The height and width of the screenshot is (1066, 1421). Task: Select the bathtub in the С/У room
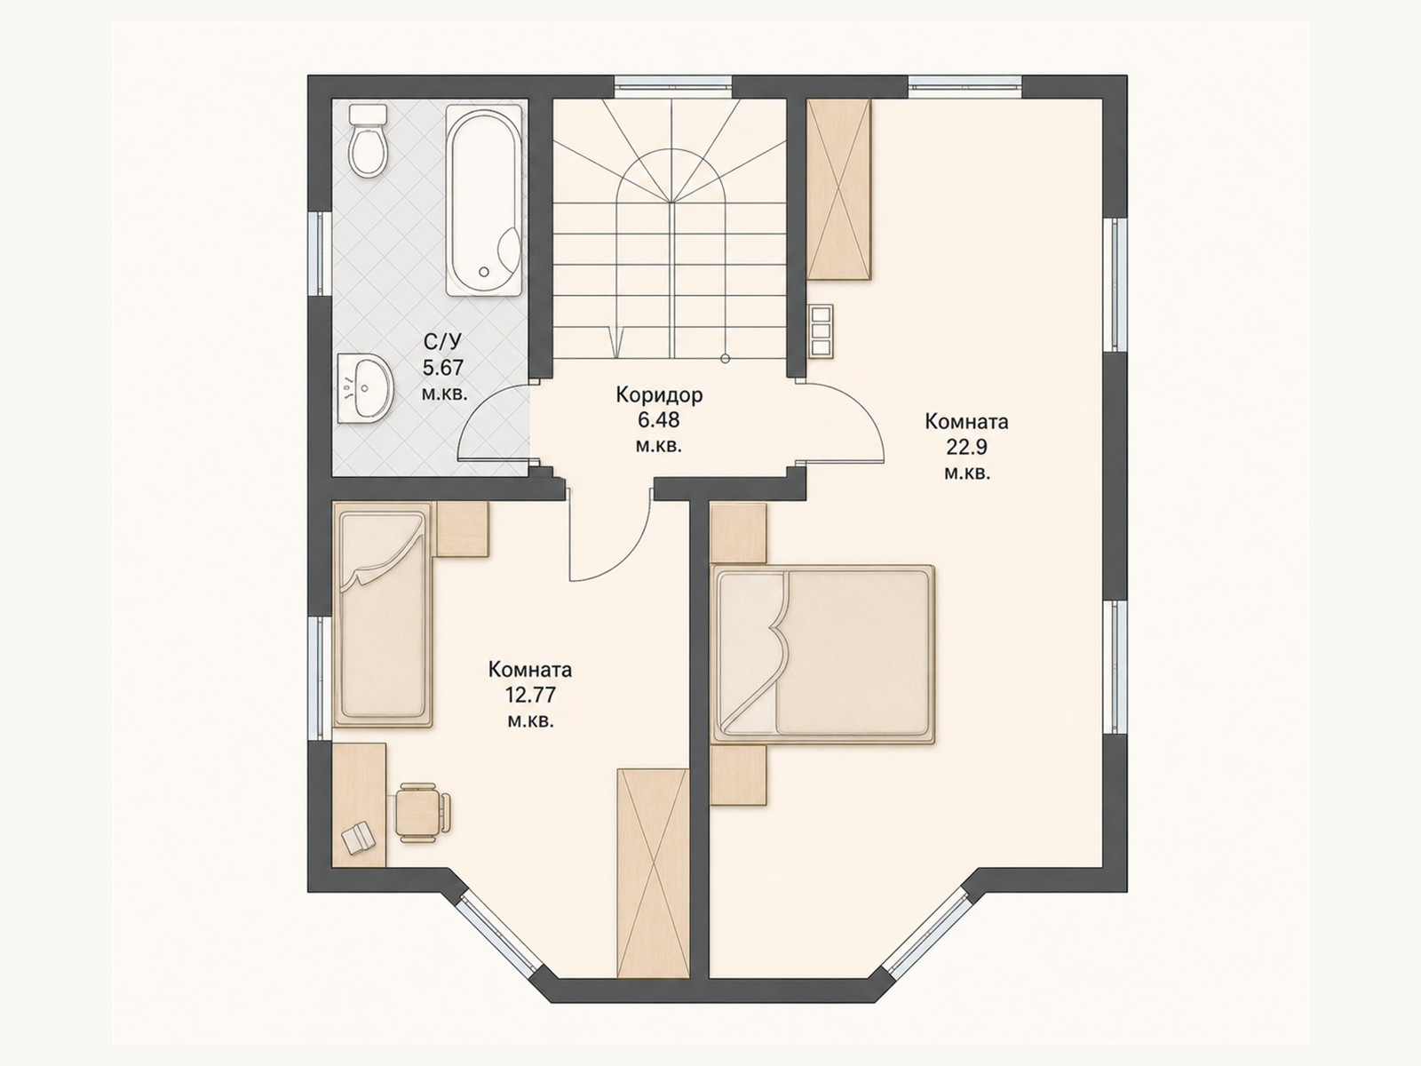(x=484, y=202)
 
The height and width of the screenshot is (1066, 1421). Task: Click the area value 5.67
(x=443, y=368)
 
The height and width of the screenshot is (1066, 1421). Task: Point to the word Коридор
(x=659, y=394)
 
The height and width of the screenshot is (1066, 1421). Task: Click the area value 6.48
(x=659, y=420)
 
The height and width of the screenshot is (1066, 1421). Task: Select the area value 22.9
(x=966, y=447)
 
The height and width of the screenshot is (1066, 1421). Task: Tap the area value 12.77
(x=530, y=695)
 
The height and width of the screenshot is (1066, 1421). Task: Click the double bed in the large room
(x=822, y=654)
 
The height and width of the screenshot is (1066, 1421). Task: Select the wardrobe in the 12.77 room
(x=653, y=882)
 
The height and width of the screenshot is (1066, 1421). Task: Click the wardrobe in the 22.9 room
(x=838, y=189)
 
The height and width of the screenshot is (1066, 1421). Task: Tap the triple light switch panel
(x=821, y=330)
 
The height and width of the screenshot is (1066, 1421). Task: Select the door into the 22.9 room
(x=842, y=421)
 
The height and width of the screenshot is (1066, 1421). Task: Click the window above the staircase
(x=673, y=85)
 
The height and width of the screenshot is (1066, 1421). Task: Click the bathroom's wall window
(x=320, y=254)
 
